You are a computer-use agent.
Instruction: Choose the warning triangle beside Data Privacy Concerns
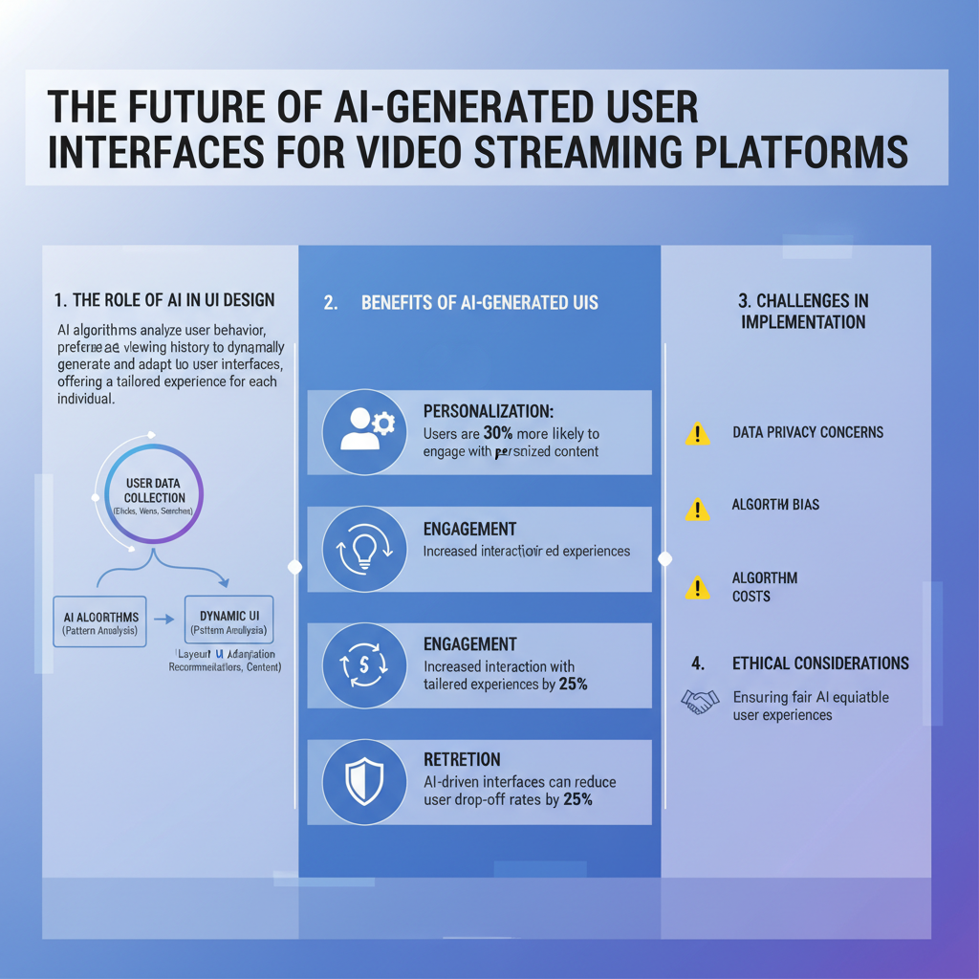point(698,433)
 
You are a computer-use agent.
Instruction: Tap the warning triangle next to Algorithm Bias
point(698,507)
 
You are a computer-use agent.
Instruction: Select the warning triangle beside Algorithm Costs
point(698,586)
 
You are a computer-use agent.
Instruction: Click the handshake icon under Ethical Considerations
point(700,702)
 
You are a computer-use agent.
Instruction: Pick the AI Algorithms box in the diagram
point(100,622)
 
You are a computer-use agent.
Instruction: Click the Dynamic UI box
point(228,622)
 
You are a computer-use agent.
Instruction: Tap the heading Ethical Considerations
point(820,663)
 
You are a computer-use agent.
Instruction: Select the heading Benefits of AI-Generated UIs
point(479,302)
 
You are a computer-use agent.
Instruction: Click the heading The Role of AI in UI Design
point(165,300)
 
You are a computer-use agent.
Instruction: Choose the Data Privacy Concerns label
point(808,432)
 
